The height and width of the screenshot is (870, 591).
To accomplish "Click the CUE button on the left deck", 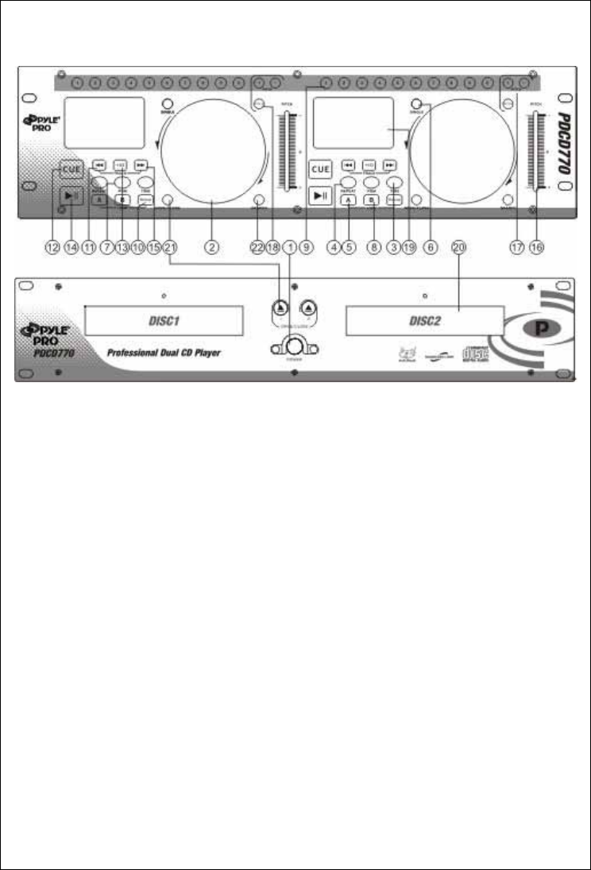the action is click(x=70, y=169).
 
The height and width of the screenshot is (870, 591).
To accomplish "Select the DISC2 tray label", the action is click(x=425, y=323).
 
